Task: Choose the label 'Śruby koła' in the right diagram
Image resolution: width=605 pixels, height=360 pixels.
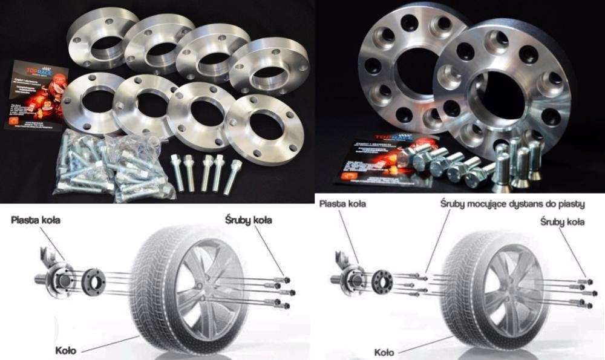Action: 562,222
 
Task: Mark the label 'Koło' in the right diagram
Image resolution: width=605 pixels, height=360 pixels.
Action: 385,352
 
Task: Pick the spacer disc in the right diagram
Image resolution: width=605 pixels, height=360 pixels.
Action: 382,281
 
